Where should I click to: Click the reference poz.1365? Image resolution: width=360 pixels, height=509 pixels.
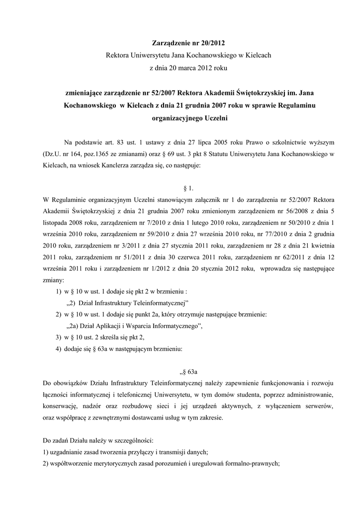click(x=95, y=155)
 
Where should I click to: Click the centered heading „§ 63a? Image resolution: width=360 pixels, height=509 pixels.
click(x=189, y=371)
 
